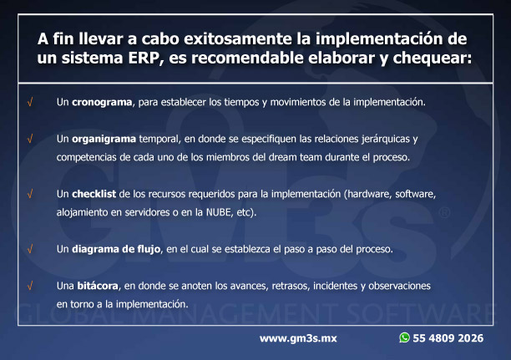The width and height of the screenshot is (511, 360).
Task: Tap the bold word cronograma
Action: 102,103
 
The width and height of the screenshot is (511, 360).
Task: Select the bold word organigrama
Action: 104,139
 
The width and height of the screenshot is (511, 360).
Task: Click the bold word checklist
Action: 94,194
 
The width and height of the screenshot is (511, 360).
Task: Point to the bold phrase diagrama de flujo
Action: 116,250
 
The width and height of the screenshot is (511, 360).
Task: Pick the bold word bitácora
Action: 98,286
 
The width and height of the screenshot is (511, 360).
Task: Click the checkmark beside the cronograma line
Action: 30,103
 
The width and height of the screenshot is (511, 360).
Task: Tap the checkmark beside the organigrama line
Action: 30,139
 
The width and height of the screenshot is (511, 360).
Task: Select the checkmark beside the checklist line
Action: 30,195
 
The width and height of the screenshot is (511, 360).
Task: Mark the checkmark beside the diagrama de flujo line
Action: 30,250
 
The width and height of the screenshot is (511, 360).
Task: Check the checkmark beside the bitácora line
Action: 30,286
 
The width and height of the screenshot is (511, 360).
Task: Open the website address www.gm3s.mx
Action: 298,338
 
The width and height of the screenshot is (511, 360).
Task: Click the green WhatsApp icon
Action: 404,337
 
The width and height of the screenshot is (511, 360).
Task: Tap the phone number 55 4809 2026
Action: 448,338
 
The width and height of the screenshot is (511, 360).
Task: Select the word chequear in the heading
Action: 432,58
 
